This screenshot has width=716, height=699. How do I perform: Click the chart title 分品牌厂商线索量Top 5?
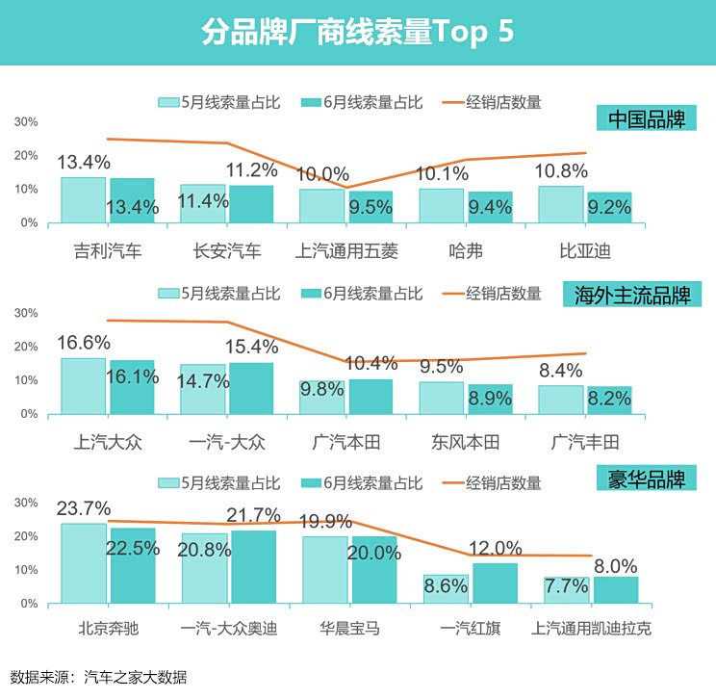357,32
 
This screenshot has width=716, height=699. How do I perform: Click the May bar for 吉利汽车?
83,200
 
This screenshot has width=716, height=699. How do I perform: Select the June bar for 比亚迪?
610,207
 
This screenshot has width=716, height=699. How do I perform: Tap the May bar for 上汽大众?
83,386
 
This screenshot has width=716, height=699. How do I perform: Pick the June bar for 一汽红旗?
495,583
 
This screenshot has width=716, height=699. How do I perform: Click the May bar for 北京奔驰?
83,563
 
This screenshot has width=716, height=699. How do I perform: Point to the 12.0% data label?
495,548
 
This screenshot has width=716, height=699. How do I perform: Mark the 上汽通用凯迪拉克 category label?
592,630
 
